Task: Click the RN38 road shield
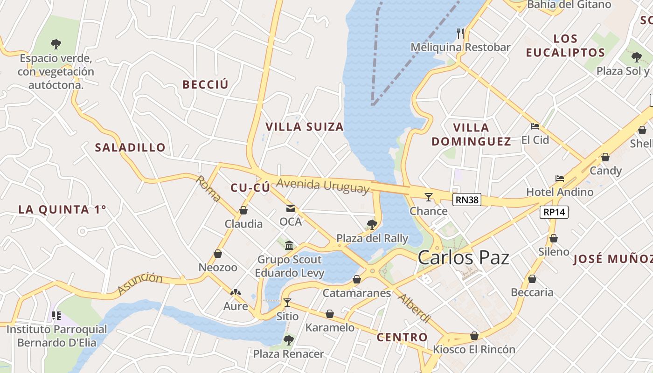click(x=467, y=200)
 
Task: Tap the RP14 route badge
click(x=555, y=212)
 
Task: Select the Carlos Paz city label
click(x=463, y=257)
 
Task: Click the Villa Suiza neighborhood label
click(x=304, y=127)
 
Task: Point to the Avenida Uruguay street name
click(x=323, y=186)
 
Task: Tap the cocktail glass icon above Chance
click(x=429, y=197)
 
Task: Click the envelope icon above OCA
click(x=291, y=208)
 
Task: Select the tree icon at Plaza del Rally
click(x=372, y=225)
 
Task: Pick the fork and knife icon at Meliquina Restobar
click(x=460, y=33)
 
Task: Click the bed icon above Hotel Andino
click(x=560, y=179)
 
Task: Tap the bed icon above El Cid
click(x=535, y=126)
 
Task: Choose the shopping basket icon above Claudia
click(x=243, y=210)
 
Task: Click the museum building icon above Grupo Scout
click(x=289, y=245)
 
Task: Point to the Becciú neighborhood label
click(x=205, y=84)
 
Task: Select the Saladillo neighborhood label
click(x=130, y=148)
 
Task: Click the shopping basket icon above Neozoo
click(x=217, y=254)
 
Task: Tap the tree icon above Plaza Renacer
click(x=288, y=340)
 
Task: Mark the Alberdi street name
click(x=414, y=308)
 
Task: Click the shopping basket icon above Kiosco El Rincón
click(x=474, y=336)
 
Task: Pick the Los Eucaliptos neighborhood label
click(x=565, y=46)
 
